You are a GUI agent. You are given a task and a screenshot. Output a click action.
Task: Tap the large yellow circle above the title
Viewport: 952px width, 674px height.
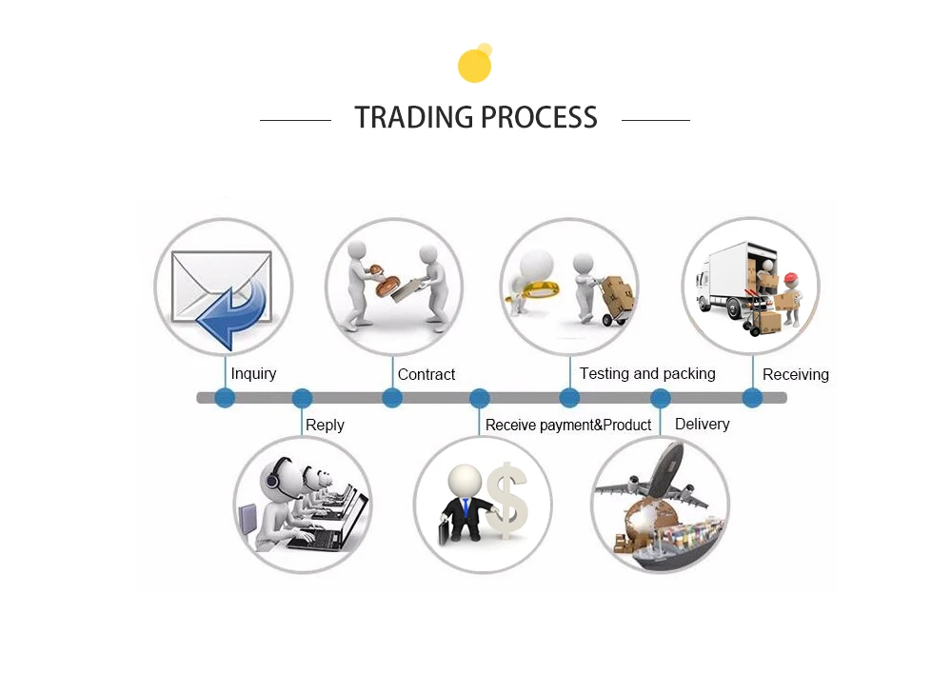tap(474, 67)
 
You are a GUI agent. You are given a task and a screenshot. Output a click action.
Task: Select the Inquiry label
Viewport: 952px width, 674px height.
tap(253, 373)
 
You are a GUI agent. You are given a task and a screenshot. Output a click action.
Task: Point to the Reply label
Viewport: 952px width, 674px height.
tap(325, 425)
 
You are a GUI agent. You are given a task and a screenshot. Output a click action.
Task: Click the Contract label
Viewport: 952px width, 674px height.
tap(426, 374)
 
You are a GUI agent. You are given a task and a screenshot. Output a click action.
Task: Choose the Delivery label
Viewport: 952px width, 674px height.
tap(702, 424)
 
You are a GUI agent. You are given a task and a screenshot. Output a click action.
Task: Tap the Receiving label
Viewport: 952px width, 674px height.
tap(795, 375)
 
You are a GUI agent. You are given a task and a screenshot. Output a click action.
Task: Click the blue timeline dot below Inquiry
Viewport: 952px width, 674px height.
tap(225, 398)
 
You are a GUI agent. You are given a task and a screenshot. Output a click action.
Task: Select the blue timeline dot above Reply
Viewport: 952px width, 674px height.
tap(302, 398)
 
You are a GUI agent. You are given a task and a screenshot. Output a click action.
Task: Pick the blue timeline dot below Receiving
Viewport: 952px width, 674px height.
tap(752, 398)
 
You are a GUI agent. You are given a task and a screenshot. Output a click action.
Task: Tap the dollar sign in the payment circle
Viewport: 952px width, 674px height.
tap(507, 502)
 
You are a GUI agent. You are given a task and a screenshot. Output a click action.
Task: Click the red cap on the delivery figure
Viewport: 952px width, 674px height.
tap(790, 279)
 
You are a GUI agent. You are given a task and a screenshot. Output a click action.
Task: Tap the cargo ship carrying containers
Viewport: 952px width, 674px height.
tap(674, 545)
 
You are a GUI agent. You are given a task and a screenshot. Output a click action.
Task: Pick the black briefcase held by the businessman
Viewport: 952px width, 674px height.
tap(446, 532)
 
